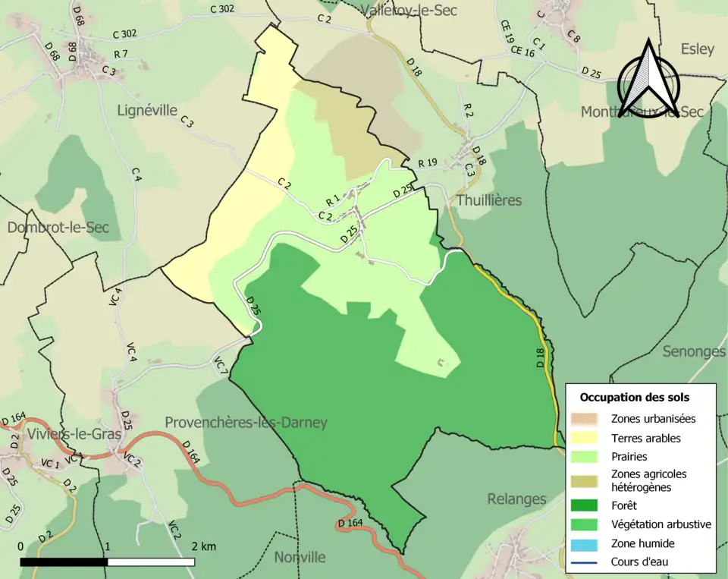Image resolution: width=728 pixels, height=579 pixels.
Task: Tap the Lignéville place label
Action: point(147,110)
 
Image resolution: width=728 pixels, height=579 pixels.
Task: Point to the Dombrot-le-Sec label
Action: point(58,228)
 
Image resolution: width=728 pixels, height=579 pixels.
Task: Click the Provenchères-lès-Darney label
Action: point(246,423)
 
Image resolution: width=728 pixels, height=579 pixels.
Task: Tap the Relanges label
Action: point(516,499)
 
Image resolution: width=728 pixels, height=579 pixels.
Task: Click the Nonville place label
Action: point(300,557)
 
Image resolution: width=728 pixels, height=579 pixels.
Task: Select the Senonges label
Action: point(694,351)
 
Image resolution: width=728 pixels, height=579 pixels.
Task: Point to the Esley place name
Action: point(697,49)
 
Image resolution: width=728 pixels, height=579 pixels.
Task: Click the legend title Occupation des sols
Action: point(634,397)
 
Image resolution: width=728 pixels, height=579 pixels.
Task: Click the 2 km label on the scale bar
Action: point(203,547)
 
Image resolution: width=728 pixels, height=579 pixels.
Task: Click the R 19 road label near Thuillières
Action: point(428,162)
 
